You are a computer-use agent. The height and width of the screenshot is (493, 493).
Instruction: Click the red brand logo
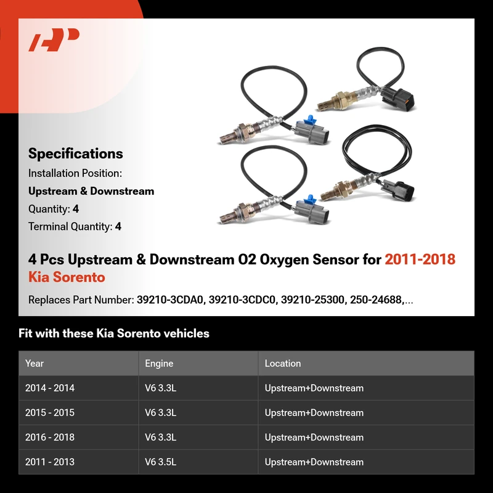(x=54, y=39)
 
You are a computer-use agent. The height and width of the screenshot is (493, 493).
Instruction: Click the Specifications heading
(x=75, y=153)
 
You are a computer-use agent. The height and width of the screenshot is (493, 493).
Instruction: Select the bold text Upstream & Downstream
(x=91, y=191)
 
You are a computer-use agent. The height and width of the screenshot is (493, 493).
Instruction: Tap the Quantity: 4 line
(x=54, y=209)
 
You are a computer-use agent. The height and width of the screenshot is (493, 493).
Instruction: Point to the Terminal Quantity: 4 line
(x=75, y=226)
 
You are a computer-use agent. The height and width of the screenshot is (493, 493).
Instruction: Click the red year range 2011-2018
(x=420, y=259)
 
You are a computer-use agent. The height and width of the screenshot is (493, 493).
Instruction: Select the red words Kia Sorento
(x=67, y=277)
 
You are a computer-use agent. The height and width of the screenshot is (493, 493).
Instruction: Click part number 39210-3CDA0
(x=170, y=300)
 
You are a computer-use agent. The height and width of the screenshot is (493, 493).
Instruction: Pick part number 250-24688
(x=377, y=300)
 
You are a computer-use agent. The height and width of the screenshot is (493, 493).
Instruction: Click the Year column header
(x=35, y=364)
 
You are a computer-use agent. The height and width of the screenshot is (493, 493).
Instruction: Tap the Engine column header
(x=159, y=364)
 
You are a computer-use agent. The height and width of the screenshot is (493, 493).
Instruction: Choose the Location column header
(x=283, y=364)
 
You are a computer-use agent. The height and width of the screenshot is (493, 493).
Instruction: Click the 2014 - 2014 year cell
(x=50, y=388)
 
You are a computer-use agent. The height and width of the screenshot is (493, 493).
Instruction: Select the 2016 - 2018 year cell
(x=50, y=438)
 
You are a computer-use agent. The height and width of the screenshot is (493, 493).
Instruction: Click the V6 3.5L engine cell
(x=161, y=462)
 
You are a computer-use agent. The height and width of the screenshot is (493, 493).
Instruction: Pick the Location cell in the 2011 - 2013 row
(x=314, y=462)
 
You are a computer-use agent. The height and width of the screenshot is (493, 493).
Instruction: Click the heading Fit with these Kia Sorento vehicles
(x=114, y=333)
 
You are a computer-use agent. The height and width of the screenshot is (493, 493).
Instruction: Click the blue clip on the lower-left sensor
(x=310, y=200)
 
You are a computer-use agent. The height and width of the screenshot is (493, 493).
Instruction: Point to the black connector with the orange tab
(x=398, y=98)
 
